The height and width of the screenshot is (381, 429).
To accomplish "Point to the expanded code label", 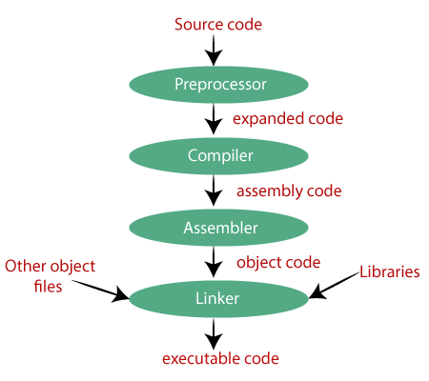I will point(288,120).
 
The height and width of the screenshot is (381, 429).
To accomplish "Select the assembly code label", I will point(289,191).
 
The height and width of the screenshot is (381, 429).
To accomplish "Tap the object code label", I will point(277,262).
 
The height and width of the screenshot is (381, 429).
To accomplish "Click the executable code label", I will point(221,359).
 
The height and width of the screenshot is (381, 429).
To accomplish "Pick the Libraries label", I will point(389,272).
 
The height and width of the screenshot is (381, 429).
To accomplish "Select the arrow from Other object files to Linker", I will point(95,288).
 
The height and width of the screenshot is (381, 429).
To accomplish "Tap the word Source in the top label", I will point(196,24).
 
